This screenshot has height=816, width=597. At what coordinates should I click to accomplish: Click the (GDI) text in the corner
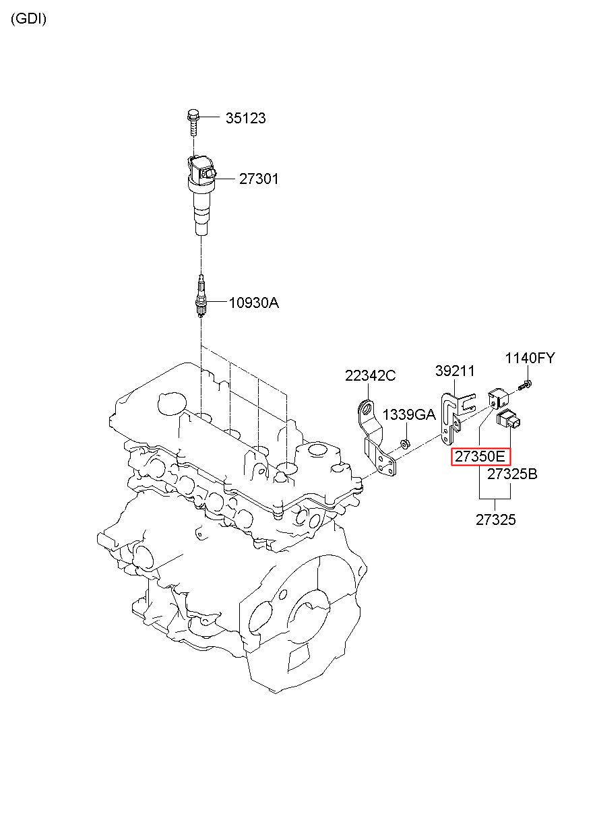29,19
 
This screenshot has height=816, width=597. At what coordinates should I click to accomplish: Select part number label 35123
245,118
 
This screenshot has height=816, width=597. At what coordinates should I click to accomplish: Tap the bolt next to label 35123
192,122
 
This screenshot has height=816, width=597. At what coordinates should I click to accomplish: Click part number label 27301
259,179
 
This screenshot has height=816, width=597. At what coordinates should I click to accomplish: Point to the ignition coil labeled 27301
201,195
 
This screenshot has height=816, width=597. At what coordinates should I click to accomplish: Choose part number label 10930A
254,303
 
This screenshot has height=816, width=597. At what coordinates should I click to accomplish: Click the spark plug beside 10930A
201,296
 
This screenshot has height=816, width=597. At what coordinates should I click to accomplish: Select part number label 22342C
370,375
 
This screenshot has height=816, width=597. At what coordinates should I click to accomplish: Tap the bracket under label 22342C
376,438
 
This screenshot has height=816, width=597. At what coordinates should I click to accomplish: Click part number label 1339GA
409,414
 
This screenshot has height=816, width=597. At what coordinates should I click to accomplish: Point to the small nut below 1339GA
404,445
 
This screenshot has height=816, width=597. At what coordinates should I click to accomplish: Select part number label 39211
455,371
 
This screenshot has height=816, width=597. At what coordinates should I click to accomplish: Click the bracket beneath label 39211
456,418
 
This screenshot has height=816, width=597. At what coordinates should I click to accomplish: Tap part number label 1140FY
530,358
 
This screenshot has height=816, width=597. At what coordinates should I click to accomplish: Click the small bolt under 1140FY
524,385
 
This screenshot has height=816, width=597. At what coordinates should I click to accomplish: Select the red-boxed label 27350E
481,456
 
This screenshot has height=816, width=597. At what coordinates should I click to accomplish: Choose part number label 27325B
512,474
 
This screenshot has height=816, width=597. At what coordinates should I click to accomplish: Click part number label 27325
495,520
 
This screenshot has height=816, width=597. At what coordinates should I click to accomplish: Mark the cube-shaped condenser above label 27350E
498,399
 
